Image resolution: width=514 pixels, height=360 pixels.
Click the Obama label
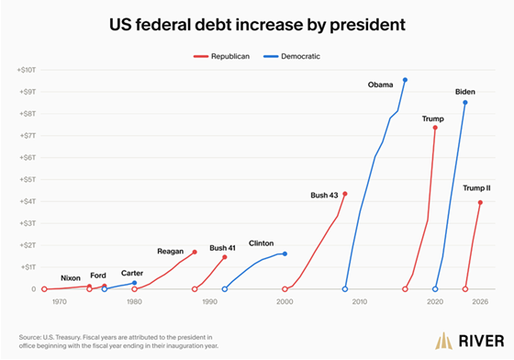click(380, 84)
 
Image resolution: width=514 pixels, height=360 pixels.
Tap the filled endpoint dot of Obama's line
click(405, 80)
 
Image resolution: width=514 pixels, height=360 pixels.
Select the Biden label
click(464, 92)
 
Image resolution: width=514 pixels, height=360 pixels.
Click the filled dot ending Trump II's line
click(480, 203)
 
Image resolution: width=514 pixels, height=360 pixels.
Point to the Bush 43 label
click(324, 195)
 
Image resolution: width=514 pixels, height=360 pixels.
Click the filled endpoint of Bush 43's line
click(345, 194)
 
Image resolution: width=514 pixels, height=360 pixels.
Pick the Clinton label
click(261, 243)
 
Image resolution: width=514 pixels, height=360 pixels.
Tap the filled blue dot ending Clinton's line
click(285, 253)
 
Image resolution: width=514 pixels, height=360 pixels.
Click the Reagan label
click(170, 252)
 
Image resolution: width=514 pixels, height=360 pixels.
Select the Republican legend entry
click(221, 56)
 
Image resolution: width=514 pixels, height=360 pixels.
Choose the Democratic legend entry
click(292, 56)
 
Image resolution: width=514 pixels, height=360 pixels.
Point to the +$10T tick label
click(27, 70)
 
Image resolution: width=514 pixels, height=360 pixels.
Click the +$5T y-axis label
click(28, 180)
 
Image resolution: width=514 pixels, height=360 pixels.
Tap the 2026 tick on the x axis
click(480, 301)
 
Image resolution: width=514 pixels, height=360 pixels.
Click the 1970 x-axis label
click(60, 301)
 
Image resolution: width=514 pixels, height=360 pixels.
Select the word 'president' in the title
click(367, 25)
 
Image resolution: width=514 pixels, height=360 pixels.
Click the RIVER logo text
click(481, 341)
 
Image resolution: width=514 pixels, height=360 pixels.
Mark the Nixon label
click(71, 278)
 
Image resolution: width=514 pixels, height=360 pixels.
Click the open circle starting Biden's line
click(435, 289)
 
